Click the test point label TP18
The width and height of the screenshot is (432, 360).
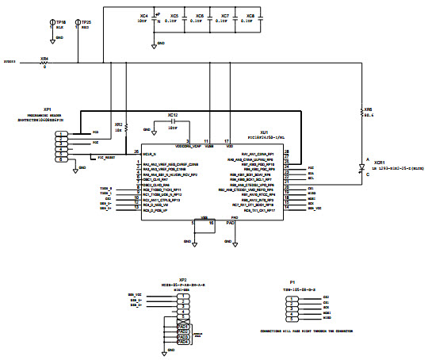point(61,22)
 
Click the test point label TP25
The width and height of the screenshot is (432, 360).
point(86,22)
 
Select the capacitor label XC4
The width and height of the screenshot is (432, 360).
point(143,15)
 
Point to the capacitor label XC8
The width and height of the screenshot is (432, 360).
point(250,15)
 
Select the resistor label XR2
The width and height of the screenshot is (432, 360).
point(118,124)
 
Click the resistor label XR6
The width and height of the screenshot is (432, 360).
point(367,109)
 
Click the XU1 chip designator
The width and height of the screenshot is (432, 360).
point(263,133)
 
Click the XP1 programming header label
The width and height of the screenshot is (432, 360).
point(48,109)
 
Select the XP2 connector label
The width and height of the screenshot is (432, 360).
point(182,280)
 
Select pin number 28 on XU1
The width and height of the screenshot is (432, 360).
point(286,151)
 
